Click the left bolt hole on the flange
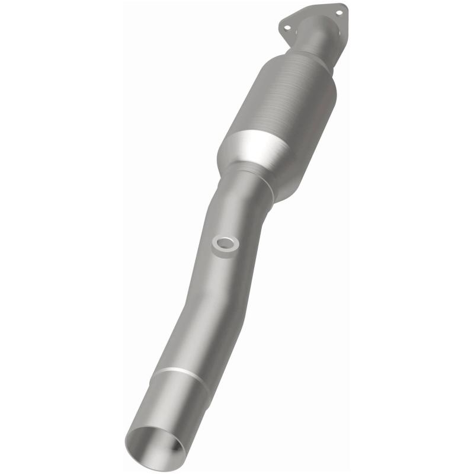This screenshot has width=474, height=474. click(x=287, y=27)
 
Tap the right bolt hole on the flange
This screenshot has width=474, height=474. click(x=340, y=11)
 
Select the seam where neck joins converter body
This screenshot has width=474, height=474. click(x=296, y=52)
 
